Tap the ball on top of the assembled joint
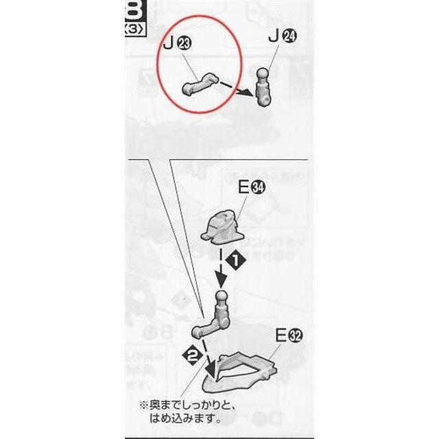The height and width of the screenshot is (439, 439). [x=220, y=298]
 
